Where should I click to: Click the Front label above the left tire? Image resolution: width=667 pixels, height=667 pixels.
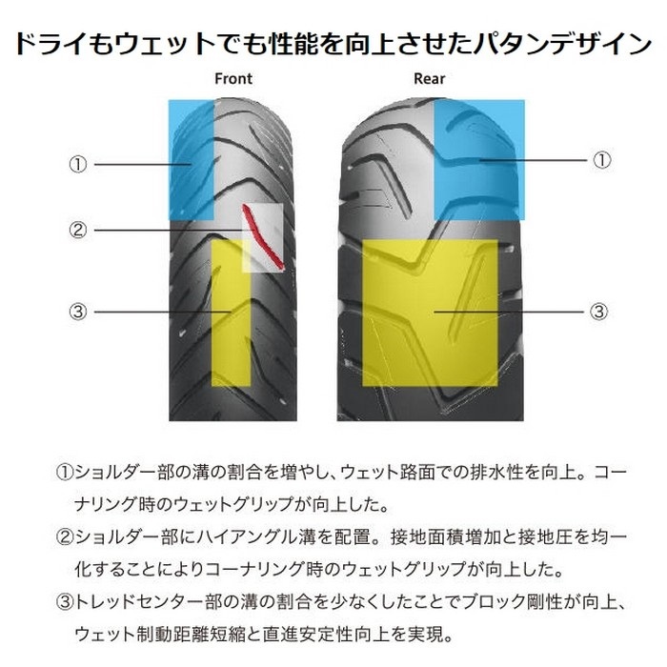click(233, 79)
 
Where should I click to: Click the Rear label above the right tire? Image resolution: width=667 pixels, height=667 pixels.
click(429, 79)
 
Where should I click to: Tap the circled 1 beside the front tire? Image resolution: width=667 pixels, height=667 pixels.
click(78, 164)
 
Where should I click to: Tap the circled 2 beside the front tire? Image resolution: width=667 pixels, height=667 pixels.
click(78, 231)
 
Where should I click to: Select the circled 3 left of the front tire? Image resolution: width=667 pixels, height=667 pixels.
click(78, 312)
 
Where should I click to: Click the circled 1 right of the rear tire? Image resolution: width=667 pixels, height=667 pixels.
click(601, 160)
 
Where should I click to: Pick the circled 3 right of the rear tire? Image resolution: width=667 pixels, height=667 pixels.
click(598, 312)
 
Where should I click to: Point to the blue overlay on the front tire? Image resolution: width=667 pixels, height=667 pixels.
click(191, 160)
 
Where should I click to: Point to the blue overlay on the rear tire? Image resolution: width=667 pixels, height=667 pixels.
click(479, 160)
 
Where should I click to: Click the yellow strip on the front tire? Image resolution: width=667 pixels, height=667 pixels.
click(232, 313)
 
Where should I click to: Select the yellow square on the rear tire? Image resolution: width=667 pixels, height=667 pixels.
click(430, 313)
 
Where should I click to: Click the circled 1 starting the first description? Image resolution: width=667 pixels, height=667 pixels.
click(65, 473)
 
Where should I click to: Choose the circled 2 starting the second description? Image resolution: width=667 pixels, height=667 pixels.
click(65, 537)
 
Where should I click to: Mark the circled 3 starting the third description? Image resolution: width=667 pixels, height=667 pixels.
click(65, 602)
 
